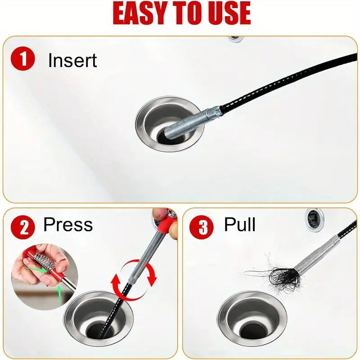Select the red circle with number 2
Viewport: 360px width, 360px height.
[22, 227]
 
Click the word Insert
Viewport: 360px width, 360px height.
[72, 61]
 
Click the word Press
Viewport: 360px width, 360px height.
[68, 225]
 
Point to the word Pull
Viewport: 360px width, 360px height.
[239, 225]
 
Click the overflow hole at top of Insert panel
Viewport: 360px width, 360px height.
[235, 39]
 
